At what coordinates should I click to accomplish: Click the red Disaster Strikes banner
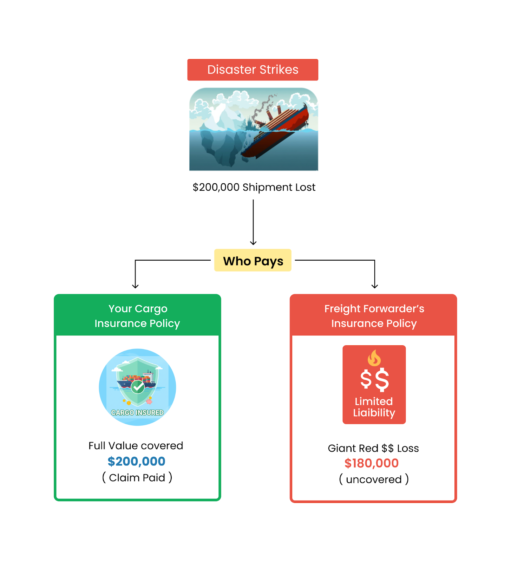[x=253, y=70]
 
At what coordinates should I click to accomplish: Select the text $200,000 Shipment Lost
[x=254, y=187]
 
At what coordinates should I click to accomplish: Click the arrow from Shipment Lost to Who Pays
[x=253, y=222]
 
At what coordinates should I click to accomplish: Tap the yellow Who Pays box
[x=253, y=260]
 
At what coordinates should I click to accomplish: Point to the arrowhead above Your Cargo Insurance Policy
[x=135, y=286]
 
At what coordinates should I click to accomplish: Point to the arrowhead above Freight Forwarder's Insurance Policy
[x=375, y=286]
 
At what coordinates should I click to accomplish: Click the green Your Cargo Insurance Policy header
[x=137, y=315]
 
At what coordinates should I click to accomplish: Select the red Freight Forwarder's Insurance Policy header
[x=373, y=315]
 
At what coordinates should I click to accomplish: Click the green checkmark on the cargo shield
[x=138, y=387]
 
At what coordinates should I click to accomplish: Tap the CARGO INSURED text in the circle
[x=137, y=412]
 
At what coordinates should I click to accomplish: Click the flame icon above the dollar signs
[x=374, y=358]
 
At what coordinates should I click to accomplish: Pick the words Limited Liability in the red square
[x=374, y=407]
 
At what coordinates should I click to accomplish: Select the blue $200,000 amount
[x=136, y=461]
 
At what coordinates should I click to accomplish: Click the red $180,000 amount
[x=372, y=463]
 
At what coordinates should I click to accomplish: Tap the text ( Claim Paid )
[x=137, y=477]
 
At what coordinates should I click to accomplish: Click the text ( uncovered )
[x=374, y=479]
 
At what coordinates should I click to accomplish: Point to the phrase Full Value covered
[x=136, y=446]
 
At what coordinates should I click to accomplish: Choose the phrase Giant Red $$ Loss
[x=373, y=448]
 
